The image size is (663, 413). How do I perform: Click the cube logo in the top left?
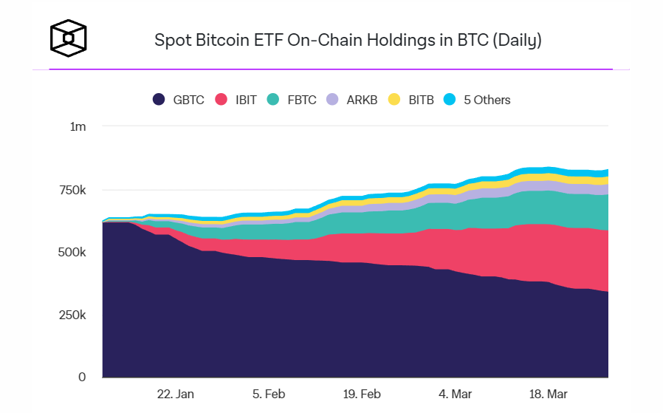pos(68,36)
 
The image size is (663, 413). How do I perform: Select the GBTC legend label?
pos(188,100)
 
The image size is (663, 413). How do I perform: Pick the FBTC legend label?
pos(302,100)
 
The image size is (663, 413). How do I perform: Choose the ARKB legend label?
pos(362,100)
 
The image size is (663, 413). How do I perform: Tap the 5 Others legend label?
pos(487,100)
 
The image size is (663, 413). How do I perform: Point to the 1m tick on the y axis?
pos(78,127)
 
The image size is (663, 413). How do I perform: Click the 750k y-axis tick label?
pos(73,190)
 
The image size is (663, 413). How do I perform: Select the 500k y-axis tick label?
pos(73,253)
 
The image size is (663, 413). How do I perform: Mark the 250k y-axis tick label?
pos(73,315)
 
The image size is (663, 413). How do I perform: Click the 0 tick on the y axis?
pos(83,377)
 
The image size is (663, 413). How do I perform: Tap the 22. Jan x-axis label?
pos(176,395)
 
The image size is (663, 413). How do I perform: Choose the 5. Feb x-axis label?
pos(269,395)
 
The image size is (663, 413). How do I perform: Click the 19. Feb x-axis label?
pos(362,395)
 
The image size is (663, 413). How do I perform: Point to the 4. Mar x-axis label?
pos(455,395)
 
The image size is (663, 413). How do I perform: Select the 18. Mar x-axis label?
pos(547,395)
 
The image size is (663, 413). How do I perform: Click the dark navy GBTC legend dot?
pos(159,100)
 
